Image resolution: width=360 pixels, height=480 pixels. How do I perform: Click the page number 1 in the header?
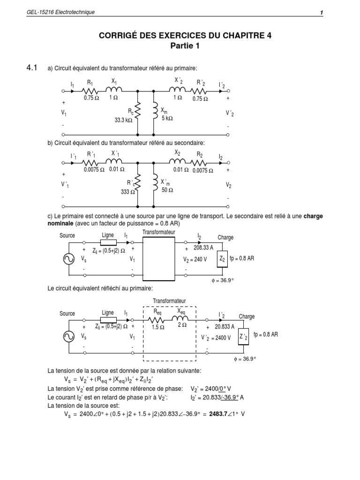[322, 12]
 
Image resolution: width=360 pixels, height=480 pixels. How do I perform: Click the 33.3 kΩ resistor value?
[124, 120]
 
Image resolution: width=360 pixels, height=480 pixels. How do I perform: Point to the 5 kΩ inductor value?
[167, 118]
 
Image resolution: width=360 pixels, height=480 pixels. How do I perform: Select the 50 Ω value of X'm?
[167, 189]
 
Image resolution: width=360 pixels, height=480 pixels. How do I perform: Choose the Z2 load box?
[223, 259]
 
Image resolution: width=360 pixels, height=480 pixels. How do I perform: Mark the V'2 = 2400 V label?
[216, 337]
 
